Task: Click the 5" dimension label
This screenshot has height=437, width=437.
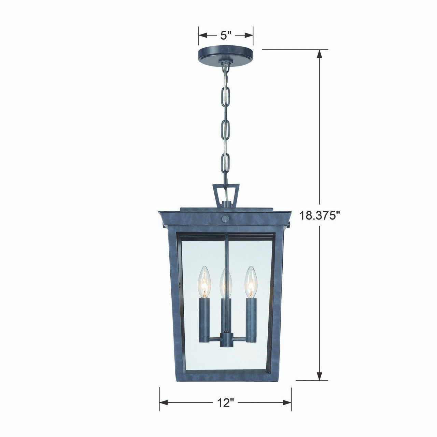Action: pyautogui.click(x=226, y=35)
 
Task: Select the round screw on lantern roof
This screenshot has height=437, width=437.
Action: pyautogui.click(x=225, y=218)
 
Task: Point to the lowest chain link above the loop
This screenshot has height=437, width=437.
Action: pyautogui.click(x=225, y=164)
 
